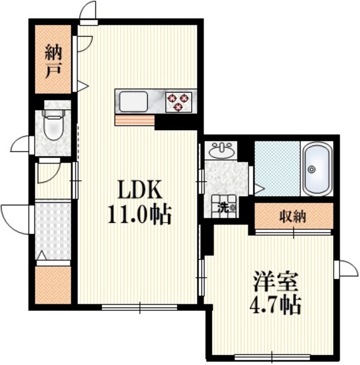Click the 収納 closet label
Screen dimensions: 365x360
[294, 216]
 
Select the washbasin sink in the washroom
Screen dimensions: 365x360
[221, 151]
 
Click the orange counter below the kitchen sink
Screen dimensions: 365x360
[135, 120]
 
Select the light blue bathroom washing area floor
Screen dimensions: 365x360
[277, 168]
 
